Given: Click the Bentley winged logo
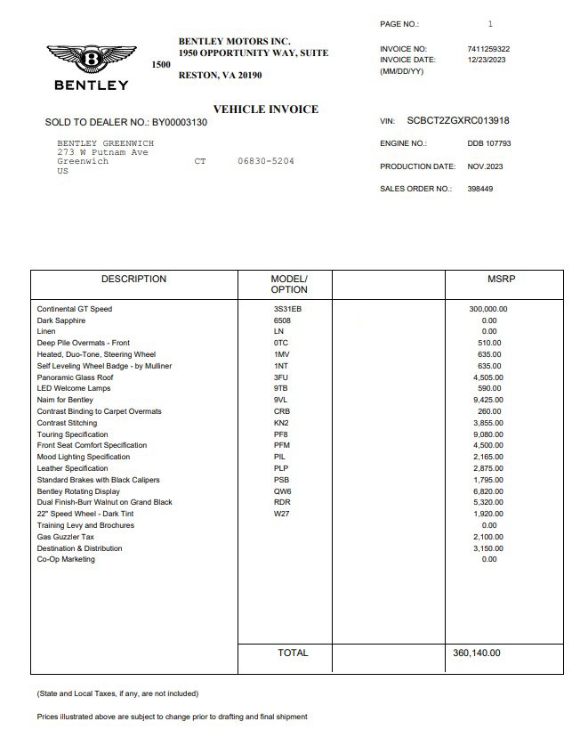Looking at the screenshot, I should [92, 60].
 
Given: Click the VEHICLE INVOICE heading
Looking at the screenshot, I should [265, 109].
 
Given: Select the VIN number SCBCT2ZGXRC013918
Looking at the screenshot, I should [458, 121].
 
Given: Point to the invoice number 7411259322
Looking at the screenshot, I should [488, 49].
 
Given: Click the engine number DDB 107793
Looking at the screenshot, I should [488, 143].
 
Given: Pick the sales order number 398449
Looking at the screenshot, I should [480, 189].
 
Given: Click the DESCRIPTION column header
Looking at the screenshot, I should [133, 280].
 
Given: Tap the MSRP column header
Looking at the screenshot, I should [502, 280].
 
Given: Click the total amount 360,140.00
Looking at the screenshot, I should [477, 653].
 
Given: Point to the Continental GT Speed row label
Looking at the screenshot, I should [75, 309].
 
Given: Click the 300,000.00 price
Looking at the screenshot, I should [488, 309].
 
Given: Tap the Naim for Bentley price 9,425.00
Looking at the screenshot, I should [488, 401].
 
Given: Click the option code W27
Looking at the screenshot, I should [281, 514].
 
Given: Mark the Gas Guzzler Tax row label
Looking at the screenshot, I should [65, 537].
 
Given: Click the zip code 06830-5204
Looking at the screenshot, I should [265, 162].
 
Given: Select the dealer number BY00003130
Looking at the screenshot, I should [179, 122].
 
